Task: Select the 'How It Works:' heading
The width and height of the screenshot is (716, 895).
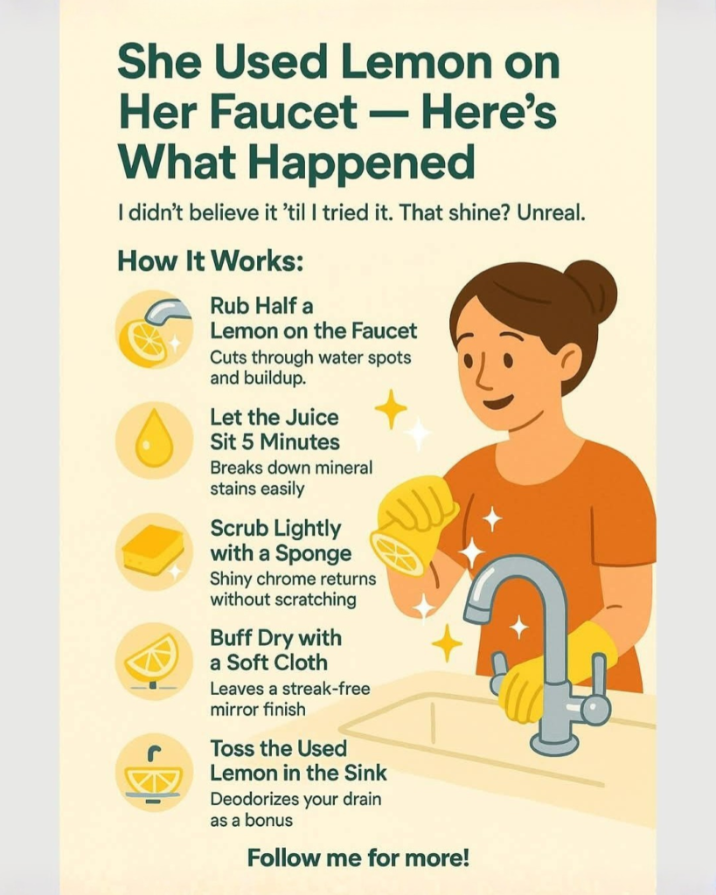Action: point(210,261)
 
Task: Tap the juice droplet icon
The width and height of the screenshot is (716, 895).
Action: point(154,441)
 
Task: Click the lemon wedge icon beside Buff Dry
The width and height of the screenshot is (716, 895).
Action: point(153,661)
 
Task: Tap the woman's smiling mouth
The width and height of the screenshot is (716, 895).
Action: point(497,402)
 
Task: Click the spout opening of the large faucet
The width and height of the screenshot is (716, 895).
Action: point(476,614)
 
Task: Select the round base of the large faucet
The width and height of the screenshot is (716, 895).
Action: point(554,743)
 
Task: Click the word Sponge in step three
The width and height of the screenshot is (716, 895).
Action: point(314,554)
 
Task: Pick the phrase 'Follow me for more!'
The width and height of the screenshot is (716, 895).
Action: point(358,857)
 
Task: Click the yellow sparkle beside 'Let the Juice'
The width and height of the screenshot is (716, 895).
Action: point(391,409)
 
